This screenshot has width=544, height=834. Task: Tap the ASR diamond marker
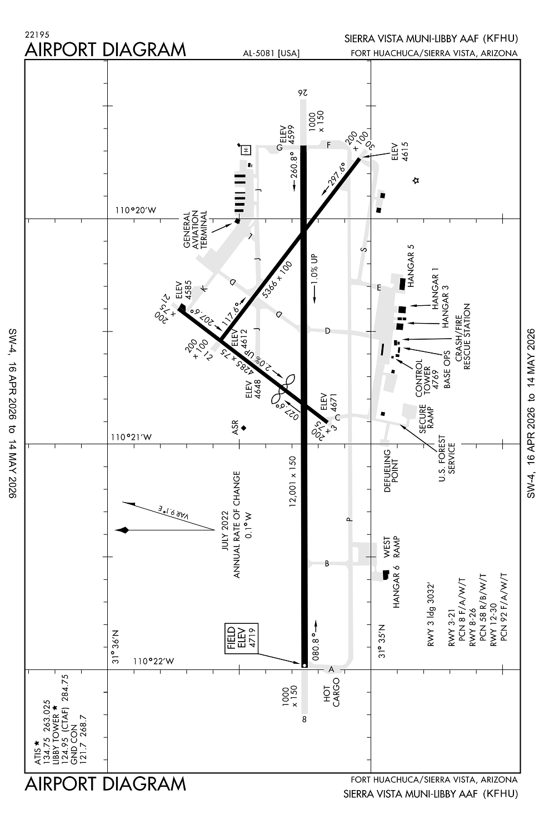coord(243,428)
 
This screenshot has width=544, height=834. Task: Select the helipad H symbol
coord(246,150)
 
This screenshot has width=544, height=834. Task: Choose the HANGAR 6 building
coord(386,574)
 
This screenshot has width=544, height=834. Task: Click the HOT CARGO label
coord(332,692)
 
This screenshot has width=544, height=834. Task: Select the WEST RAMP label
coord(392,548)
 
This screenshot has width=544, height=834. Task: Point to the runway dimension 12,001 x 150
coord(293,481)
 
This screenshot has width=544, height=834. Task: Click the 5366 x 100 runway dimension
coord(277,280)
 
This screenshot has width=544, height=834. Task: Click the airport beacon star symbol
coord(416,180)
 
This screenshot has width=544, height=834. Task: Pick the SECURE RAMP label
coord(426,419)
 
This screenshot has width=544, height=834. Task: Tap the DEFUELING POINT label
coord(392,471)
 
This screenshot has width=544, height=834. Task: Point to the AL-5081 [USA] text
coord(271,53)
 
